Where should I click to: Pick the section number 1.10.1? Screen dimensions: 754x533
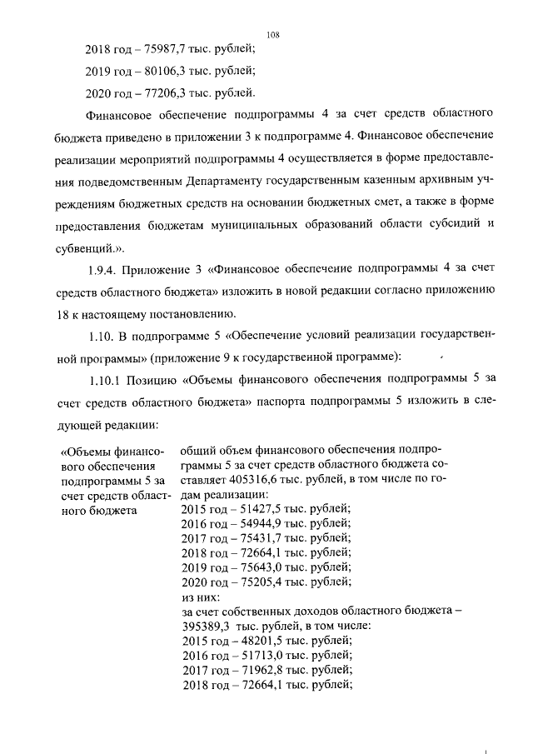pyautogui.click(x=108, y=380)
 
